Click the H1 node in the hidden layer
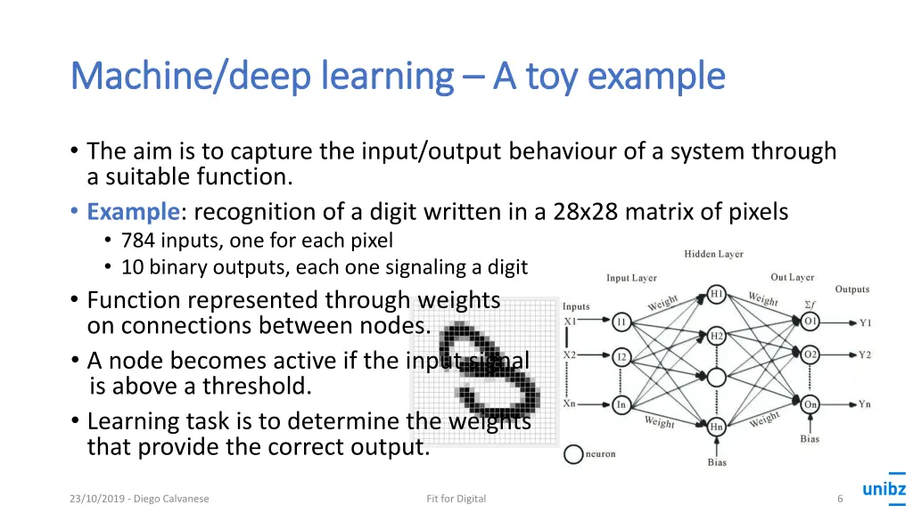point(717,293)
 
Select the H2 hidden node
point(717,337)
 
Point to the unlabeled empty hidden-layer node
point(717,377)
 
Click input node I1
point(621,321)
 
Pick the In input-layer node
point(621,405)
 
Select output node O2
point(810,354)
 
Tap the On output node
point(810,403)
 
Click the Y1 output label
point(865,322)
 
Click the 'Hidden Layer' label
point(713,254)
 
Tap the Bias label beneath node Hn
point(717,462)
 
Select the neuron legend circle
point(573,454)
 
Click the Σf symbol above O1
point(810,304)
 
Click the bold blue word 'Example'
point(133,212)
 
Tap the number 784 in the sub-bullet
point(137,240)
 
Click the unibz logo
point(884,489)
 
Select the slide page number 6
point(840,499)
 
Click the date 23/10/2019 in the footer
point(98,499)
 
